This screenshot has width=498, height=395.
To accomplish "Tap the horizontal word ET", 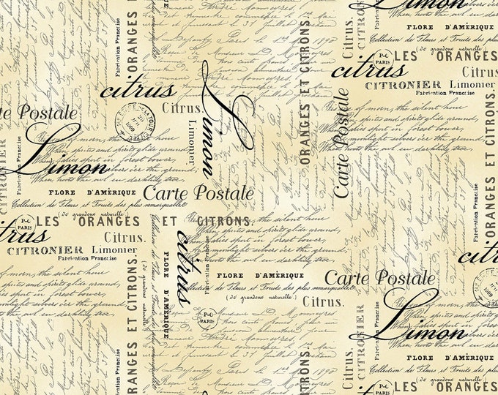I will (169, 221).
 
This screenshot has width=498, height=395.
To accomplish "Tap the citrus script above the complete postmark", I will (138, 91).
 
